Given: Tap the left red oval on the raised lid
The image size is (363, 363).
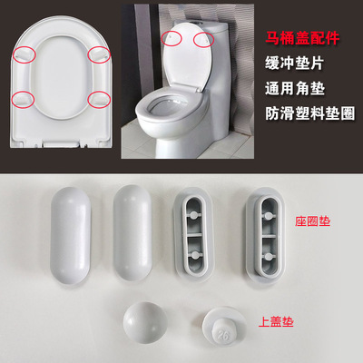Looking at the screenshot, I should click(x=170, y=39).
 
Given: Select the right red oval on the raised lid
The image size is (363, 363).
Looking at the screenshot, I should click(x=204, y=40).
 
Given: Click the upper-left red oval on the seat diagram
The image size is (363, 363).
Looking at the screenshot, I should click(x=26, y=55).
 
